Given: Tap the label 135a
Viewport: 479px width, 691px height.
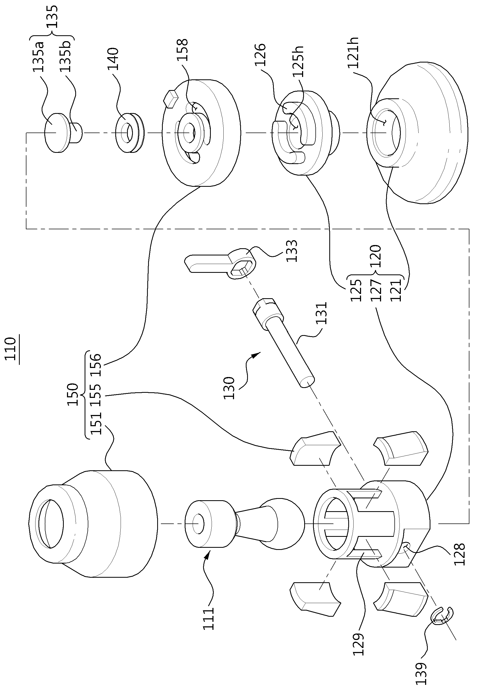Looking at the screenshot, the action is click(x=38, y=57).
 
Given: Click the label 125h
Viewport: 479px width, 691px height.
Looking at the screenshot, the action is click(x=298, y=61).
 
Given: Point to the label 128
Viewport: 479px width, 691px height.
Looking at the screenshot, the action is click(x=459, y=554).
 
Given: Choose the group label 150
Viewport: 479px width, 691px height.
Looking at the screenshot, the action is click(x=73, y=394).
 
